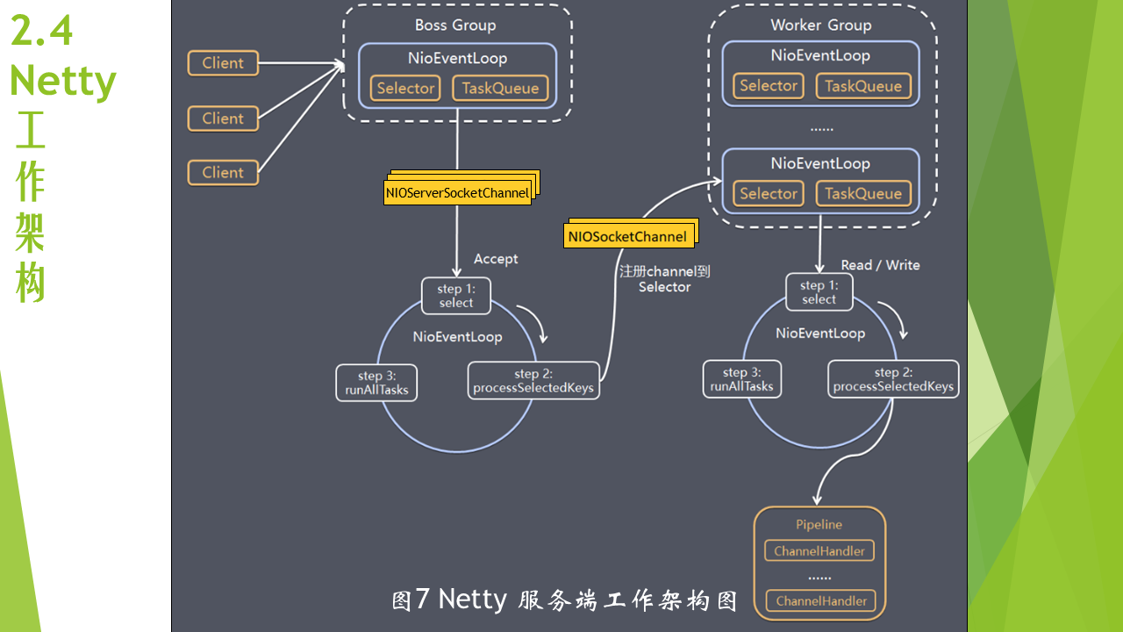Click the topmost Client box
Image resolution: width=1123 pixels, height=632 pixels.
[x=223, y=63]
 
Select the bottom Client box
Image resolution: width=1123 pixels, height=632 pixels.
[x=223, y=173]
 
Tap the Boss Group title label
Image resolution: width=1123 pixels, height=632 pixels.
[x=455, y=25]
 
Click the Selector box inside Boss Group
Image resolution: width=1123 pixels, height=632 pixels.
[x=405, y=89]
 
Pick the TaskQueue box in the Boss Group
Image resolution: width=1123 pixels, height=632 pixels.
[x=500, y=89]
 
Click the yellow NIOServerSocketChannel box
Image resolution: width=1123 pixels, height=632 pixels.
[x=457, y=192]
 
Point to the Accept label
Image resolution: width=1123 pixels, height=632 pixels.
[x=496, y=259]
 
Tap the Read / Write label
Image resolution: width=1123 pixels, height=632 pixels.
[x=880, y=265]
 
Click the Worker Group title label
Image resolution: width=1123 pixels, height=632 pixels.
[x=820, y=25]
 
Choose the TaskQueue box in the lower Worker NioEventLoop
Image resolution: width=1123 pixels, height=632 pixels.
[x=863, y=194]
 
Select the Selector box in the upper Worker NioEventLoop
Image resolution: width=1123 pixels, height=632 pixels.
[x=769, y=86]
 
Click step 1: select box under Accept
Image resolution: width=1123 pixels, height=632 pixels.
[x=456, y=296]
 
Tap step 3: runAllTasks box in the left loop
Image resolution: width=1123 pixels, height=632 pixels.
[x=376, y=383]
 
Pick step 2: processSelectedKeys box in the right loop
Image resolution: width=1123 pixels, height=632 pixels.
[x=893, y=379]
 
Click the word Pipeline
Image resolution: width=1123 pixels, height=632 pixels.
[x=819, y=525]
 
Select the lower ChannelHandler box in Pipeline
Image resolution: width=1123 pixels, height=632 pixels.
[x=821, y=601]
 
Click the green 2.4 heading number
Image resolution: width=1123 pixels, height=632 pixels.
[x=41, y=31]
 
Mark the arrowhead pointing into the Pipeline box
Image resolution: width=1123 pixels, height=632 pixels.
[x=817, y=500]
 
